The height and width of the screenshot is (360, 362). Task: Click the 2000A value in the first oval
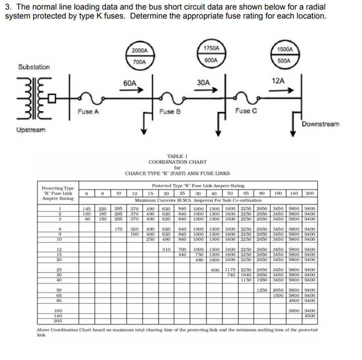[139, 51]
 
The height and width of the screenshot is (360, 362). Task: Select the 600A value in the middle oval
[211, 60]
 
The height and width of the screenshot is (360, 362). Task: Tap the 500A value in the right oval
[284, 61]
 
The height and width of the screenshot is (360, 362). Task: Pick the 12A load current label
[278, 81]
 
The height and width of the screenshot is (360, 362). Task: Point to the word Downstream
[321, 124]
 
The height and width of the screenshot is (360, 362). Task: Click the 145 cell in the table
[87, 208]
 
